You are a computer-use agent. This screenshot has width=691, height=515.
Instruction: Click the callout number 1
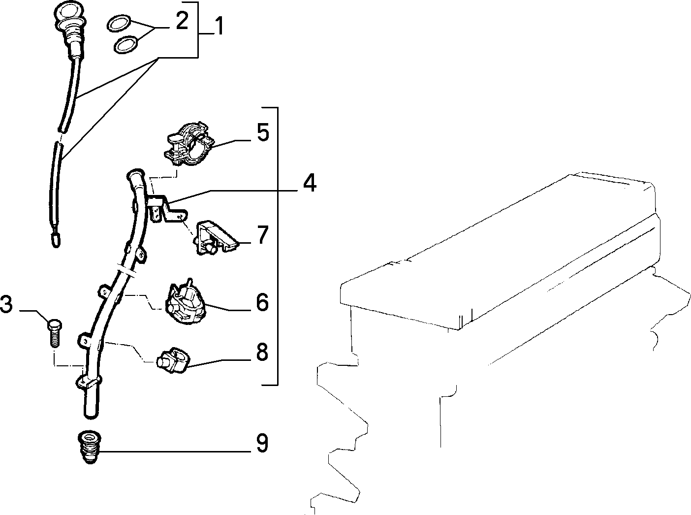(220, 26)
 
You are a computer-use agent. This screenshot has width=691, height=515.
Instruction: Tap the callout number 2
(182, 21)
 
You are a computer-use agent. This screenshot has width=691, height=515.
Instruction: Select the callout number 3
(6, 304)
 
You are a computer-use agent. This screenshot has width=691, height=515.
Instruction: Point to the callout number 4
(310, 183)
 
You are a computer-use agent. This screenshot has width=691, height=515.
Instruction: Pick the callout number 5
(263, 132)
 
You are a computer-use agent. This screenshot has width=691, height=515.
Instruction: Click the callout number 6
(262, 302)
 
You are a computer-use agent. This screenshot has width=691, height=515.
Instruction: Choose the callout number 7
(263, 235)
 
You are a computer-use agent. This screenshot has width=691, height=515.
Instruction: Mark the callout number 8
(262, 352)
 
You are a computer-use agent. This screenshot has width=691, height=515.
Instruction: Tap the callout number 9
(262, 443)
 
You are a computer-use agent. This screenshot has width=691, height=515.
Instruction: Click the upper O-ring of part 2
(119, 23)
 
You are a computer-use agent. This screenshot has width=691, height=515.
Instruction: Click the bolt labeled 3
(55, 333)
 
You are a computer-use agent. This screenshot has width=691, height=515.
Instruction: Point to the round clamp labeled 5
(189, 144)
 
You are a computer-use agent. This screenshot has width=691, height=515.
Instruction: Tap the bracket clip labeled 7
(216, 238)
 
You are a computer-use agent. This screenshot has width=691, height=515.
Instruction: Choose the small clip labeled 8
(172, 361)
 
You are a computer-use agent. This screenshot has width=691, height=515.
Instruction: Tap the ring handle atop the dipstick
(69, 14)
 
